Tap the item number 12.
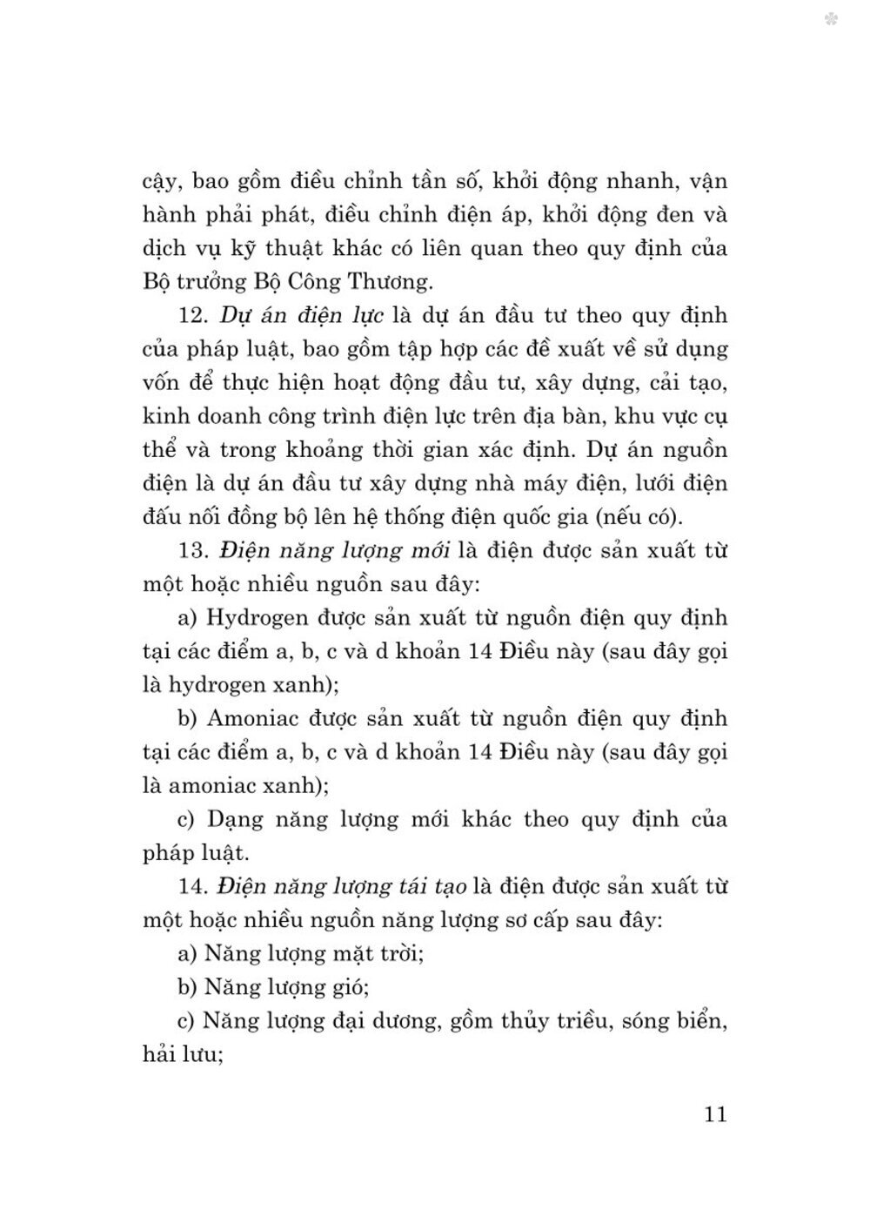tap(192, 315)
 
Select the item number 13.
tap(192, 550)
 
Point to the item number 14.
tap(192, 886)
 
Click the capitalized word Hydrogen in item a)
tap(258, 618)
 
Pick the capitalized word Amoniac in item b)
tap(256, 719)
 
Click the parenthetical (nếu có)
tap(637, 516)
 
